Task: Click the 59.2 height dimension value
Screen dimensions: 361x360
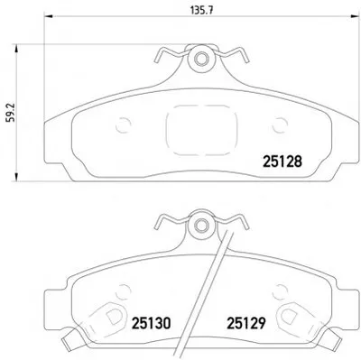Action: [x=12, y=113]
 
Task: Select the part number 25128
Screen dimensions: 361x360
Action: [x=282, y=162]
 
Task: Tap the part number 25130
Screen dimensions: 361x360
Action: [x=152, y=323]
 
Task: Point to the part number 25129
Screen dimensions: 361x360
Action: [x=246, y=323]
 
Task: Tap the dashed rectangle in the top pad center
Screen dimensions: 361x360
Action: [x=201, y=130]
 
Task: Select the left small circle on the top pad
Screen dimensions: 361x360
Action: [x=124, y=125]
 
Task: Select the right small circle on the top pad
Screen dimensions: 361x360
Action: [x=280, y=125]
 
